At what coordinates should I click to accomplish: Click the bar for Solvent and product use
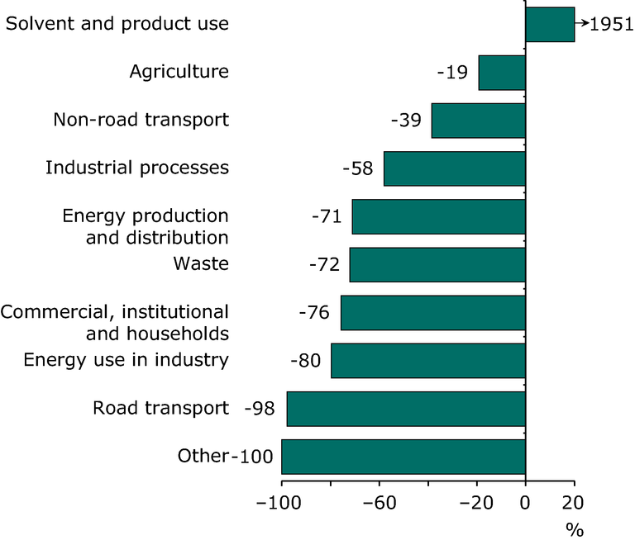(x=550, y=24)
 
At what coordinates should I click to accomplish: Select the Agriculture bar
(x=502, y=73)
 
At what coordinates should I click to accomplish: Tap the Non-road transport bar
(x=479, y=121)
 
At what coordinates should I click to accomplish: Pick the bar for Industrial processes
(x=455, y=168)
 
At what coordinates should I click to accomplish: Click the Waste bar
(x=437, y=265)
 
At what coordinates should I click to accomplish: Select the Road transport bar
(x=406, y=409)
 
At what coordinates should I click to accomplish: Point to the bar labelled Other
(x=403, y=457)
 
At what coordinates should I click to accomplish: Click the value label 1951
(x=612, y=25)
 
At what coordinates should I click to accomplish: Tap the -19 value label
(x=453, y=73)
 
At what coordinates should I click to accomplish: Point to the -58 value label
(x=358, y=168)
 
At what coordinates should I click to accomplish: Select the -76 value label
(x=313, y=313)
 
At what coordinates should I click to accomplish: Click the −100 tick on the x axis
(x=282, y=503)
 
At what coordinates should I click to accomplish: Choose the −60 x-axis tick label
(x=379, y=503)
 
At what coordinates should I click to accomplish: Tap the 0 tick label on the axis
(x=525, y=503)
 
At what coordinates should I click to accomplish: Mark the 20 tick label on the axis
(x=573, y=503)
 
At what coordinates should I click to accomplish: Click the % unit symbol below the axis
(x=574, y=529)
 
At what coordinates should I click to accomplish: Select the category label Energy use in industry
(x=126, y=360)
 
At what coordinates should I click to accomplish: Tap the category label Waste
(x=201, y=264)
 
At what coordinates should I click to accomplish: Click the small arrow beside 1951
(x=582, y=24)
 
